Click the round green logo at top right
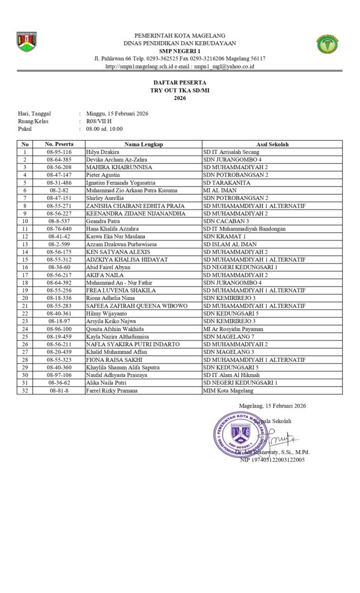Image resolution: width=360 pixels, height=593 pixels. click(328, 44)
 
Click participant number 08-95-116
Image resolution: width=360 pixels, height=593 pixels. click(59, 152)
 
